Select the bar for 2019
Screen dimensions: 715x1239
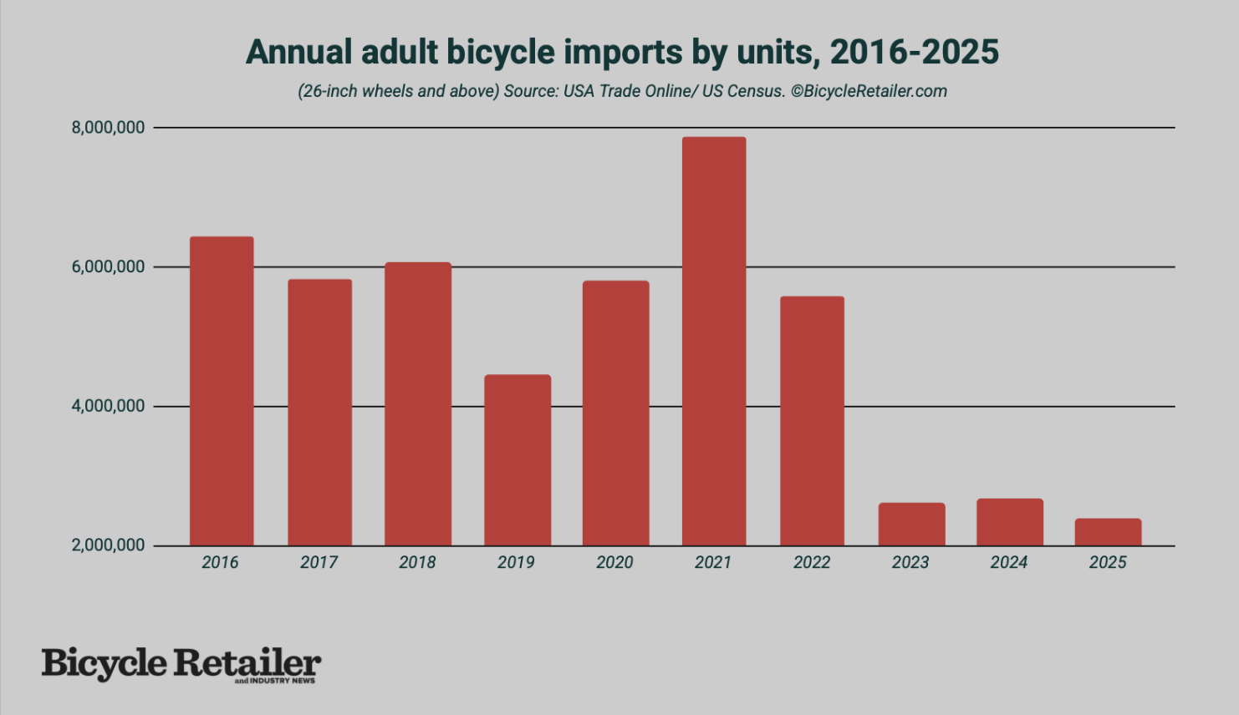[517, 460]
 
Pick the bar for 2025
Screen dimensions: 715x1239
[1108, 532]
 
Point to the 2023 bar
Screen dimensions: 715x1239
[911, 524]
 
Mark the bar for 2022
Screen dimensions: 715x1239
[812, 421]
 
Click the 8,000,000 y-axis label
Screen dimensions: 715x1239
[108, 128]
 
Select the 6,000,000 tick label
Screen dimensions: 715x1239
[108, 267]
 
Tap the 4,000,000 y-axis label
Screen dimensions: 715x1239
[108, 406]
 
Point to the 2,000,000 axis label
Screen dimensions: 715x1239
[108, 545]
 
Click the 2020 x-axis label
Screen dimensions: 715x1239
[614, 563]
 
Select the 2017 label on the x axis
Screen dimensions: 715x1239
[319, 563]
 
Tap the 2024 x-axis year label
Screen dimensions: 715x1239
[1009, 563]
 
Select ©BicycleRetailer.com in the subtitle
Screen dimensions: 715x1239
[869, 91]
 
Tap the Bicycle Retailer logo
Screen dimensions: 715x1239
[181, 665]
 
